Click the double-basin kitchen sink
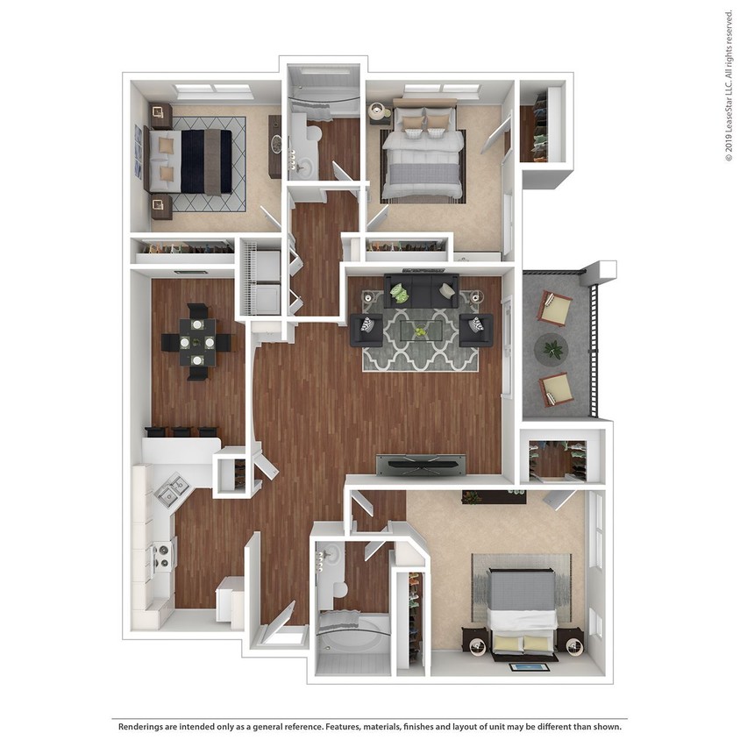(170, 490)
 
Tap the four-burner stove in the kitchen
(162, 557)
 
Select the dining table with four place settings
(197, 341)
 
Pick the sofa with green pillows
(421, 292)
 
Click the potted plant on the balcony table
(553, 350)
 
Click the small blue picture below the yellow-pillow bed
(529, 667)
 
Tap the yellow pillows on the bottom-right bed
(523, 644)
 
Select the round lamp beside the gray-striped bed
(378, 111)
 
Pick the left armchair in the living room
(366, 329)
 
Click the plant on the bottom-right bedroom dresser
(473, 497)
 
